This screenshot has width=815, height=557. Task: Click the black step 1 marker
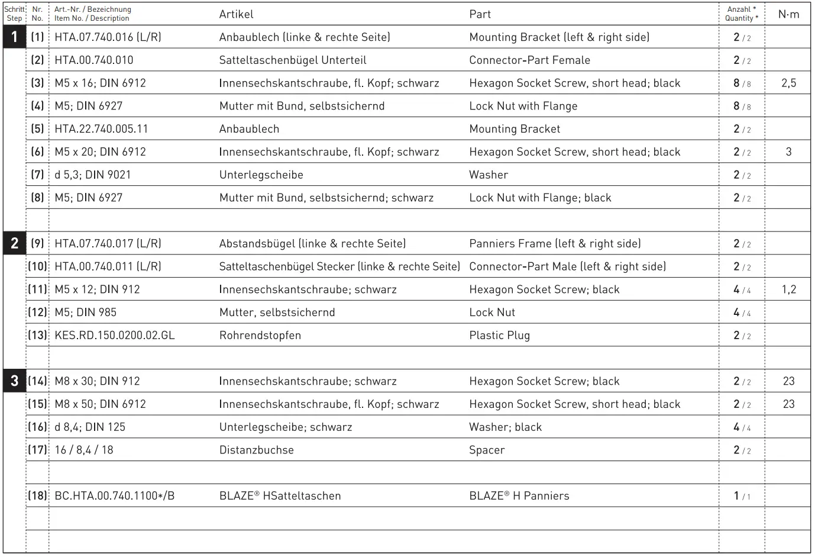[14, 37]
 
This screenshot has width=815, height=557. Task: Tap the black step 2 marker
[14, 243]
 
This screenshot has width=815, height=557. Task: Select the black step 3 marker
[14, 381]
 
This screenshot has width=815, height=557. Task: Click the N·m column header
[788, 14]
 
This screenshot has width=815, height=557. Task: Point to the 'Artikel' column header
[236, 14]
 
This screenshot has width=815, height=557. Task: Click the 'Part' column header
[480, 14]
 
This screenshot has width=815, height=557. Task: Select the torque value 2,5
[788, 83]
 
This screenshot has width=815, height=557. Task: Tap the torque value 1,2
[788, 289]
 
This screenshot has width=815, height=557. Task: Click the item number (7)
[37, 175]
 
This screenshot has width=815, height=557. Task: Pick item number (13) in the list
[37, 335]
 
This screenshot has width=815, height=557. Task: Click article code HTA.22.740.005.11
[101, 129]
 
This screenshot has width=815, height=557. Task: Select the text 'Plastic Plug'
[499, 336]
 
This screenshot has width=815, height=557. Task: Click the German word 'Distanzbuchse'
[256, 450]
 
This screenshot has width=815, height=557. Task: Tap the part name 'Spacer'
[487, 450]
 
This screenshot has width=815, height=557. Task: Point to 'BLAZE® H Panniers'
[519, 496]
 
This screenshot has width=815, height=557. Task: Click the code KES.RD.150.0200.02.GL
[114, 336]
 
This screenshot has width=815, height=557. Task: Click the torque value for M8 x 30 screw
[788, 381]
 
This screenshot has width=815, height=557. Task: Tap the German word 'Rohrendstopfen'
[260, 336]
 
